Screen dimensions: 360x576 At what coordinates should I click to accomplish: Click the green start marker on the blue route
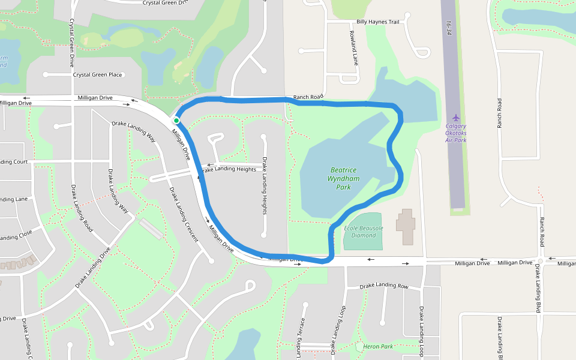point(176,121)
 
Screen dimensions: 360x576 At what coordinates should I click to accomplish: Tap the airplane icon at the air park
point(456,117)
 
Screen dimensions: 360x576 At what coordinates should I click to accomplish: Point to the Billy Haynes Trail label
point(377,22)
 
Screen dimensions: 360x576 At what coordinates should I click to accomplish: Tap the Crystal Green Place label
point(97,75)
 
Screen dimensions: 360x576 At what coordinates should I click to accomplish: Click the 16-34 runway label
point(448,28)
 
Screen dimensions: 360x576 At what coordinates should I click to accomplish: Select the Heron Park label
point(378,346)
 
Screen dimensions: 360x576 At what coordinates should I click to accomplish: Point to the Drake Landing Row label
point(384,286)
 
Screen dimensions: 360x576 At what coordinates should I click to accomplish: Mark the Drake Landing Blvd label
point(537,289)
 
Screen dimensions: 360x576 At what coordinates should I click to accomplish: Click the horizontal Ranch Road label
point(308,97)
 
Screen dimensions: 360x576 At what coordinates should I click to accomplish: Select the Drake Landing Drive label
point(93,268)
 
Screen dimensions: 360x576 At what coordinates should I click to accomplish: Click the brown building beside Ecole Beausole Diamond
point(405,227)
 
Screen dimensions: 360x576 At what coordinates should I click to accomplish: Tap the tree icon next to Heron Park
point(359,346)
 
